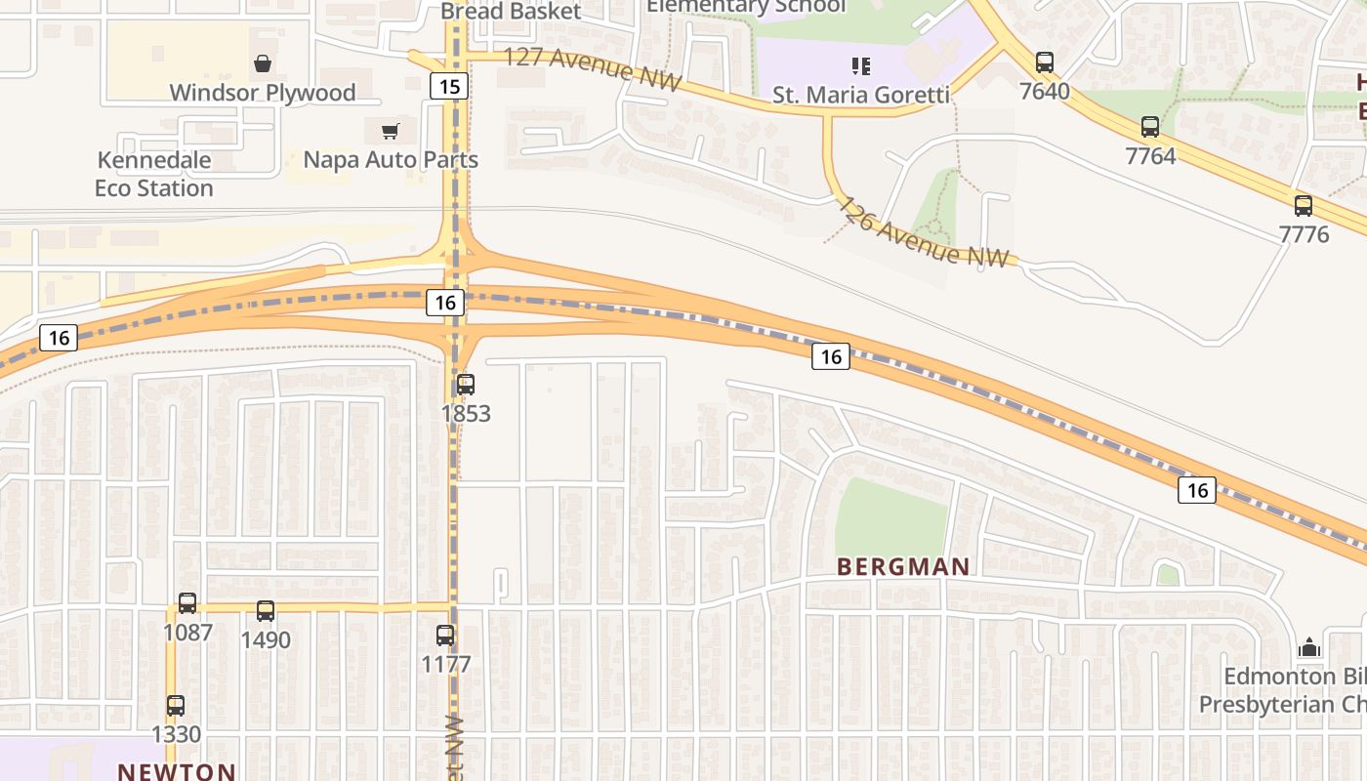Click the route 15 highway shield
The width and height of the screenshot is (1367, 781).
[x=449, y=87]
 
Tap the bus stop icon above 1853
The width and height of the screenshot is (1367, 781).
[x=466, y=385]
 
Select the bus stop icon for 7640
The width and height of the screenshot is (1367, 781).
[x=1045, y=62]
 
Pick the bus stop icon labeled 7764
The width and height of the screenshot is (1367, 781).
[x=1150, y=127]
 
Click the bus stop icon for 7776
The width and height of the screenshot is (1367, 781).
[x=1304, y=206]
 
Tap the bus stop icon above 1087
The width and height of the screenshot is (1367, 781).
[x=187, y=603]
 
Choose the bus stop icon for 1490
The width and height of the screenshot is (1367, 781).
[x=266, y=611]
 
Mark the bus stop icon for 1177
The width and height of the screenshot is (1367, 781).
[x=445, y=636]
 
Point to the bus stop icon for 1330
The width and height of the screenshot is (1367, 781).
[x=176, y=706]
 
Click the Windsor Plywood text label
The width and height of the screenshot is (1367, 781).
[x=263, y=93]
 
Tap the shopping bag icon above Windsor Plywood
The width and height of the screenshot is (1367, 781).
[x=263, y=64]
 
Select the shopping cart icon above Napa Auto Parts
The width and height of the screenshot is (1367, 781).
[x=391, y=131]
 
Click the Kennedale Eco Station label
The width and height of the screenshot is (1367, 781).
[x=154, y=174]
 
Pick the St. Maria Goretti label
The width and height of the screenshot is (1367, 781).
[x=861, y=95]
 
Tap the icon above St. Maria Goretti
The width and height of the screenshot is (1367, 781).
[x=860, y=66]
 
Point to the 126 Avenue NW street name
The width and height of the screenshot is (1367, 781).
[x=924, y=233]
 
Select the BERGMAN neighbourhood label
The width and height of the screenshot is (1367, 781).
[x=903, y=567]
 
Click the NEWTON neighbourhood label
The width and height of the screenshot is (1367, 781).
[x=177, y=771]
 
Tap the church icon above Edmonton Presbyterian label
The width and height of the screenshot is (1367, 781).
[x=1308, y=647]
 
